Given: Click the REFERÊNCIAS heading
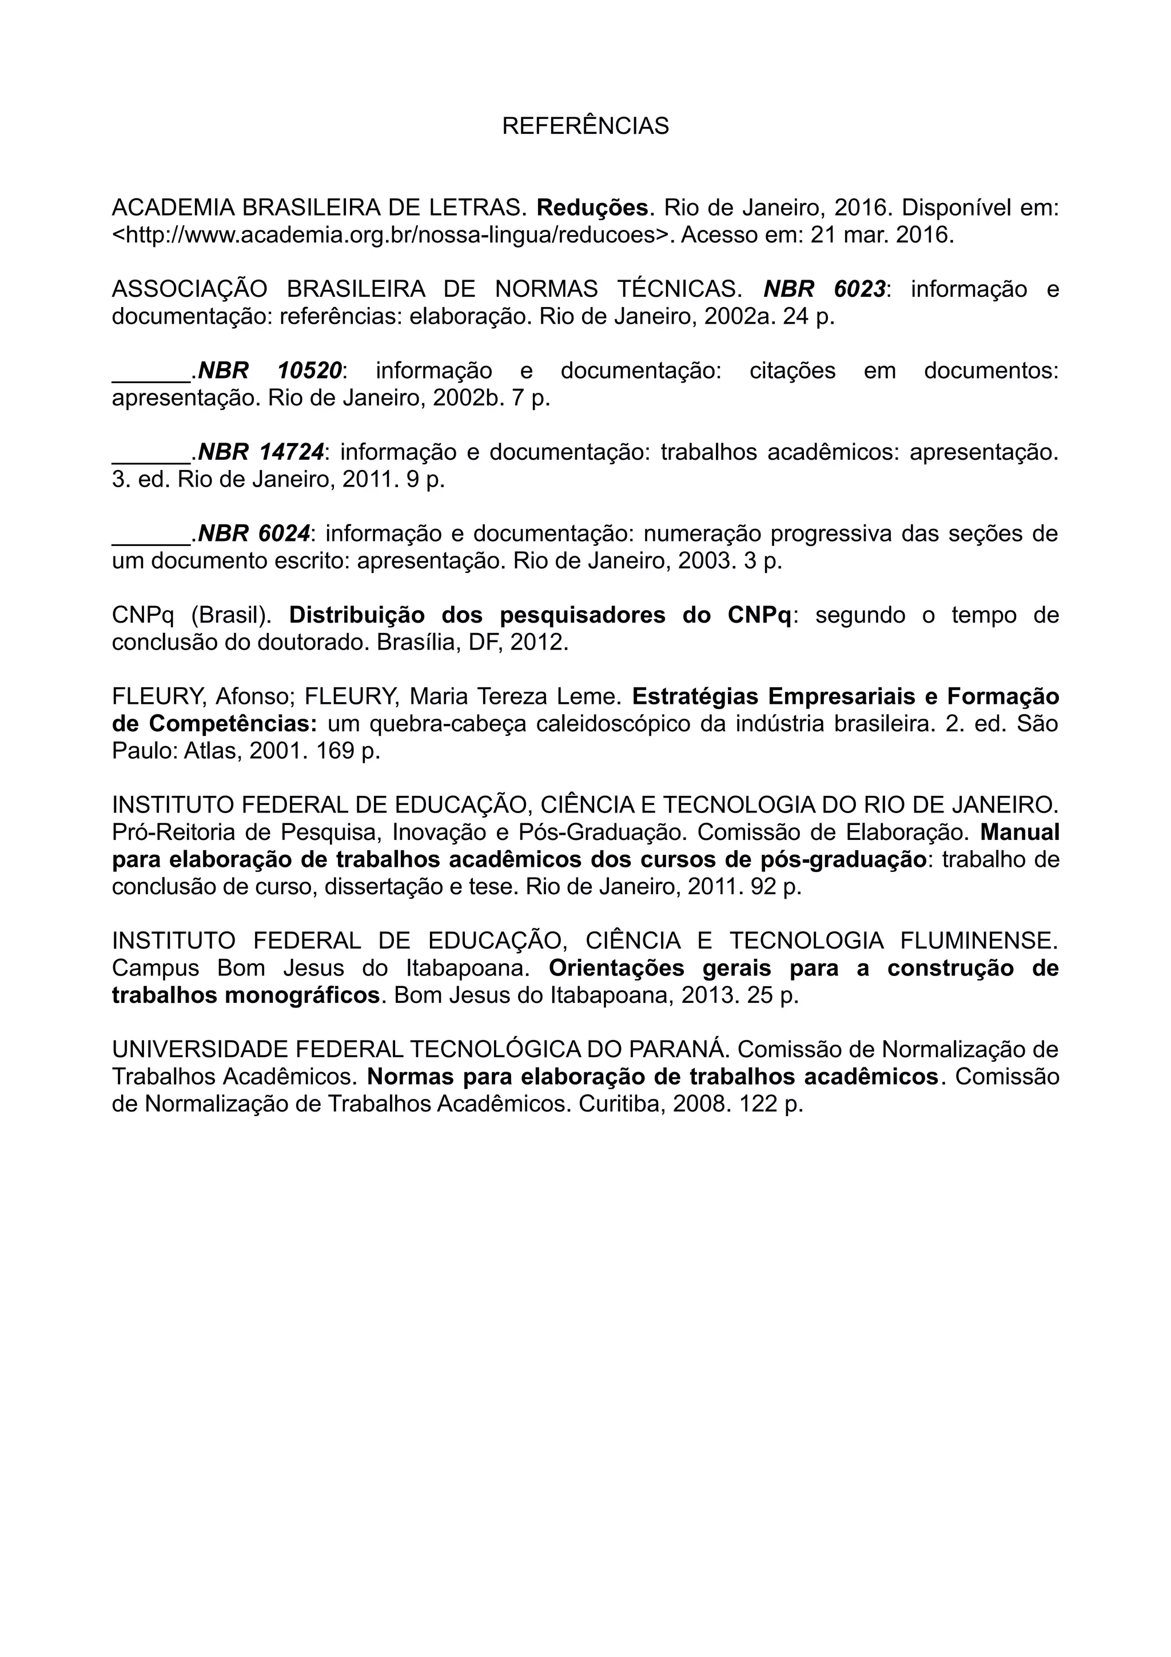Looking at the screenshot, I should (x=585, y=126).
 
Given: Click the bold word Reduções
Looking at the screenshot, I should (x=592, y=208).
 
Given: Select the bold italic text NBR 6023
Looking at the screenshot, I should (x=824, y=289).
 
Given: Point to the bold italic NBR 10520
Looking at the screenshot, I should (x=270, y=371).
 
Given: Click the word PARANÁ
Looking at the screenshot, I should (x=675, y=1049).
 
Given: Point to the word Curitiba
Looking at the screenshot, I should (x=621, y=1104).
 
